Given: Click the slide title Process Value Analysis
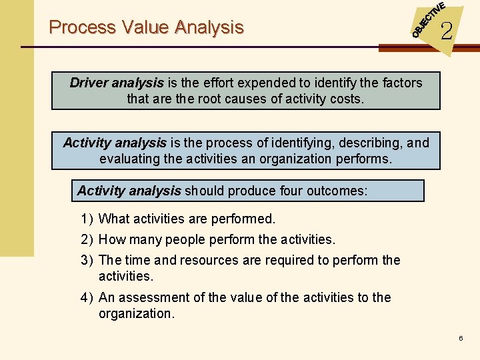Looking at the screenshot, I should (x=146, y=27).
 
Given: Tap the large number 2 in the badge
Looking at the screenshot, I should (x=446, y=30).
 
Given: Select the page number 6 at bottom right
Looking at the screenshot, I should (x=460, y=339).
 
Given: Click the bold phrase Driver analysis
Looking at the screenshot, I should (x=117, y=83).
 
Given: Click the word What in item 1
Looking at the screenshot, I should (x=113, y=219).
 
